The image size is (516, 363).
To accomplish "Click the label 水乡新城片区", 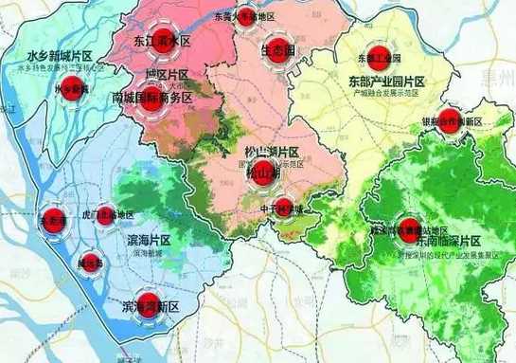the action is point(60,58).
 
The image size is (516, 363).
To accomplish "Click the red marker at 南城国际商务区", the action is point(151,98).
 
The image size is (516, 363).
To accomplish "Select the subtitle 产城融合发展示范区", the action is point(386,96).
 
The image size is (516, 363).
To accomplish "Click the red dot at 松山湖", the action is point(260,174).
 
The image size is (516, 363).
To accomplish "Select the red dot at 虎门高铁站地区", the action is point(105,215).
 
